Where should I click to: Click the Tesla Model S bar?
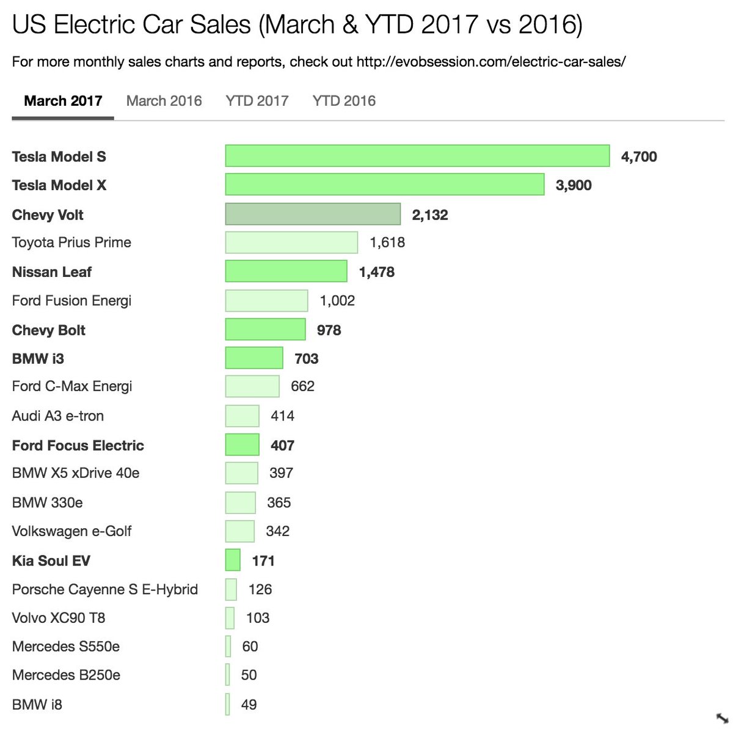point(417,156)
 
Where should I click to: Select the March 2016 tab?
point(164,101)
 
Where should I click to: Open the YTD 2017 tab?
point(257,101)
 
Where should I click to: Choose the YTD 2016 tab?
point(344,101)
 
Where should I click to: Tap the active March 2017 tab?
point(63,101)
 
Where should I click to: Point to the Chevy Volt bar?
point(313,215)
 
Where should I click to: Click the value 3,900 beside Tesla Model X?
point(574,185)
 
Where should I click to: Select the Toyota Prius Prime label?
point(71,243)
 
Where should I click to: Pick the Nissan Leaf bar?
point(286,271)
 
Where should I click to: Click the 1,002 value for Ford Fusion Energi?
point(337,301)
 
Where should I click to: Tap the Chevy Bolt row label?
point(49,330)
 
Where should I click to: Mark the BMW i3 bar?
point(254,358)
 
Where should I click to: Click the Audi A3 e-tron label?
point(58,416)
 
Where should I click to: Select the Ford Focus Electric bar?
point(242,445)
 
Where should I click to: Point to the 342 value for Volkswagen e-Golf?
point(277,531)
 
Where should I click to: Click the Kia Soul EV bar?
point(233,560)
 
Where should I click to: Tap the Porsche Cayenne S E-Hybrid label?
point(105,589)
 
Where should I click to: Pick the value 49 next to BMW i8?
point(249,705)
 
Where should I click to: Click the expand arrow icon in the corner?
point(721,718)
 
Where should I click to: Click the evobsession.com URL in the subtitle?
point(490,62)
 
